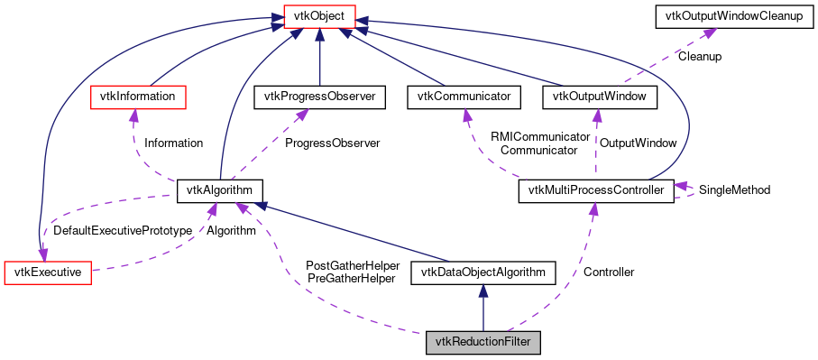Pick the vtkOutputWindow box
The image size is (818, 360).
[x=594, y=96]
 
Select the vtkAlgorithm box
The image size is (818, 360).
[x=221, y=190]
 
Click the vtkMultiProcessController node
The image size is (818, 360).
[x=596, y=190]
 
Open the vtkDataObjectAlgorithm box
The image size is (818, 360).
[x=483, y=272]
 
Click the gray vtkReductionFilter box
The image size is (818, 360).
[x=483, y=342]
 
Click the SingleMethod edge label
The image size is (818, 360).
[x=734, y=190]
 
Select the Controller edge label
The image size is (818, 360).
[x=609, y=272]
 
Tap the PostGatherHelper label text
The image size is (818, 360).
[x=353, y=265]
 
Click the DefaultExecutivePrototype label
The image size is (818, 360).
[x=123, y=231]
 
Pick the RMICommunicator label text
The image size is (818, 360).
[x=533, y=137]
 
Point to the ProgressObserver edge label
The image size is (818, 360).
[x=332, y=143]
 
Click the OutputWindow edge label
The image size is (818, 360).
[x=638, y=143]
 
